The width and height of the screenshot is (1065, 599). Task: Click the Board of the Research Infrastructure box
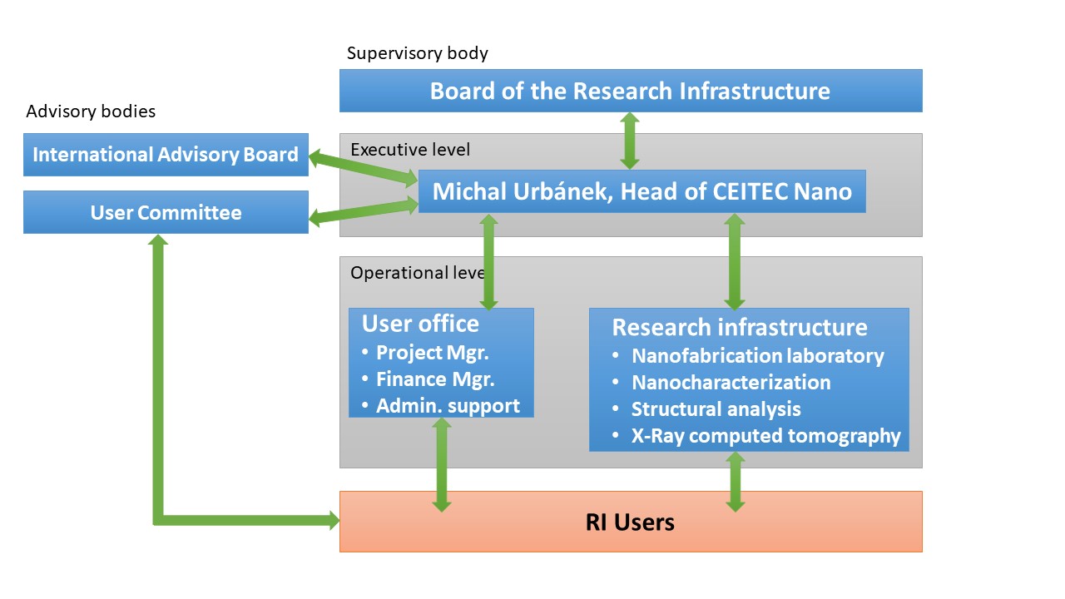(x=631, y=91)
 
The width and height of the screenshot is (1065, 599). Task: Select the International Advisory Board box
(x=166, y=155)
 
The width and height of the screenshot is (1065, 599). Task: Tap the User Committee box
(x=166, y=212)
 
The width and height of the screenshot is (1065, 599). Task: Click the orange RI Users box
(x=631, y=522)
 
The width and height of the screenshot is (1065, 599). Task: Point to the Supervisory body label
(x=417, y=52)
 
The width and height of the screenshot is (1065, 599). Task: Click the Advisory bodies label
(x=91, y=111)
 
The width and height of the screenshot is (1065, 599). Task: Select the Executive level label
(x=410, y=150)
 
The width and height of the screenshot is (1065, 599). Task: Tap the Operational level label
(x=418, y=273)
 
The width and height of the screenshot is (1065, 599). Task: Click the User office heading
(x=420, y=324)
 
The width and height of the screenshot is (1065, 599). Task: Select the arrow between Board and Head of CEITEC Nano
(x=630, y=141)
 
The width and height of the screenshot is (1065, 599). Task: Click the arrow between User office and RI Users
(x=442, y=464)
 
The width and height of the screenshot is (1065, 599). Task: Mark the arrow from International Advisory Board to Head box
(x=364, y=168)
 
